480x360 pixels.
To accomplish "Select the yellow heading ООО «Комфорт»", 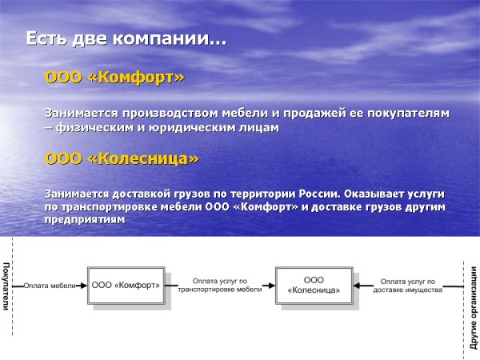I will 114,78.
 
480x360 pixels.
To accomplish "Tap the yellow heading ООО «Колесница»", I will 122,159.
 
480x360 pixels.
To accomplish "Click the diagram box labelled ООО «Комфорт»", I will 126,285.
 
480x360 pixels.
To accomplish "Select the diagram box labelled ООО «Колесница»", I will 314,285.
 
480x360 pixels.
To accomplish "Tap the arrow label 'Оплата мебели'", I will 50,285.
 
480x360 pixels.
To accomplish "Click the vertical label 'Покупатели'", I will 6,285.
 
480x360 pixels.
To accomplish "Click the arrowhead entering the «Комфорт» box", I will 84,285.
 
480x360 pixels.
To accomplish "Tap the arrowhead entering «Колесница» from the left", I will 271,285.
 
